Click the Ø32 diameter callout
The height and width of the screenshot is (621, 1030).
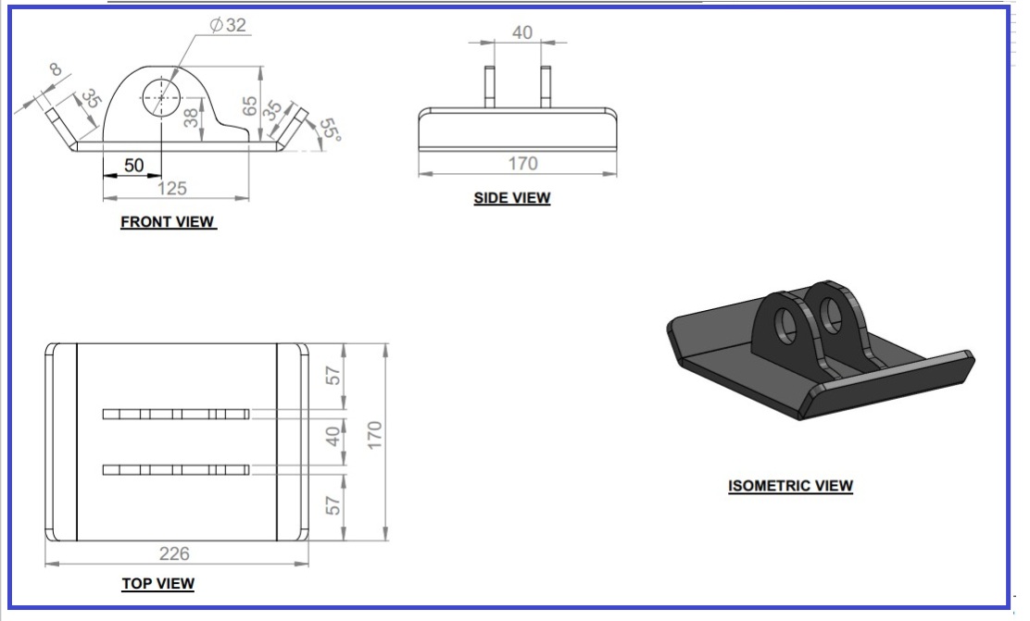click(227, 25)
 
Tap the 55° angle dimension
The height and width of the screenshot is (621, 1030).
click(331, 130)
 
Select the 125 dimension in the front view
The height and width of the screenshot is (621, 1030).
click(172, 189)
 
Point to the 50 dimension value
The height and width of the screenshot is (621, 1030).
click(133, 165)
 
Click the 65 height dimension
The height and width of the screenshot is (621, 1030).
click(249, 106)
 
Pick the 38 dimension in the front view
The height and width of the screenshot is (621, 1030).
click(191, 118)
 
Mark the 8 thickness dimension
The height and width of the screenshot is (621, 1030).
click(56, 68)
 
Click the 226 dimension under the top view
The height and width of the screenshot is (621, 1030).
click(174, 553)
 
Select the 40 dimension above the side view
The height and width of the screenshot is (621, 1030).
click(522, 32)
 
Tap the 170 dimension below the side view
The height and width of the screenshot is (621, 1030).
click(523, 163)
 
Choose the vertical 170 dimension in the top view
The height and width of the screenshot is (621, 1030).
click(374, 435)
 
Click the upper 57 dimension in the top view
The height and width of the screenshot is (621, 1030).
click(333, 376)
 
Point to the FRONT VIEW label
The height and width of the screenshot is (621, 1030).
click(168, 222)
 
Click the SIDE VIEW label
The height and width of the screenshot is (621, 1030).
click(512, 198)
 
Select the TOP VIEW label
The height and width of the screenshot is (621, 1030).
click(158, 583)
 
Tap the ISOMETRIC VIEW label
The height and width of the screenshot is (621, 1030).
click(790, 486)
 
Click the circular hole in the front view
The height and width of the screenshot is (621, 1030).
click(161, 98)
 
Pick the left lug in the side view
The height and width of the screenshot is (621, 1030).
click(489, 87)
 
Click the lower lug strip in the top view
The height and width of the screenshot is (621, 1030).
click(176, 469)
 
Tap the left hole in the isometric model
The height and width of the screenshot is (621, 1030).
click(785, 324)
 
